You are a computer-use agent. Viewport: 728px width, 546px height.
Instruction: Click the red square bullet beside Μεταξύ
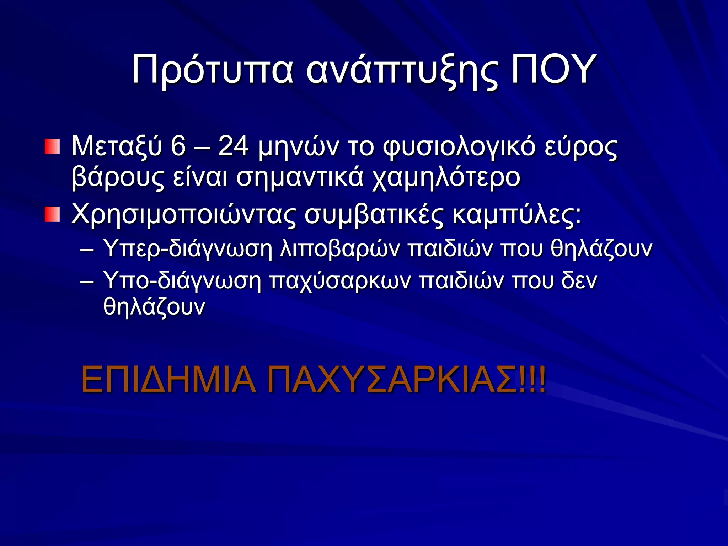click(x=52, y=147)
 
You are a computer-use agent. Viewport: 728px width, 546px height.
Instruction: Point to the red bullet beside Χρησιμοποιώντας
click(x=52, y=215)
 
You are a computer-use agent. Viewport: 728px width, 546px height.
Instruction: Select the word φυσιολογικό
click(x=459, y=146)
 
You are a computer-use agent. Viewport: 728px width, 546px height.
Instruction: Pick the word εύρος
click(x=581, y=146)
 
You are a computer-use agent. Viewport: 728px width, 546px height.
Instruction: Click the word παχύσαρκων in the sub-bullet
click(x=340, y=280)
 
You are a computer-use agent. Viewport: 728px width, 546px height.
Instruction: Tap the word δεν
click(x=579, y=280)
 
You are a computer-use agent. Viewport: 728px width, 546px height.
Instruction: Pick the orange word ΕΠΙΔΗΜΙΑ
click(x=168, y=379)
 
